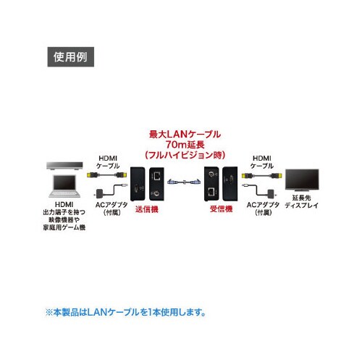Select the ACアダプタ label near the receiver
tap(259, 209)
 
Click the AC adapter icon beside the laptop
tap(101, 192)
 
